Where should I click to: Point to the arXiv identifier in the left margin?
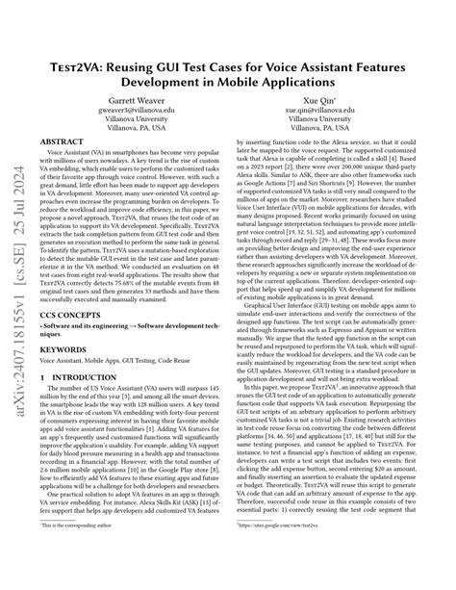point(16,289)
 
